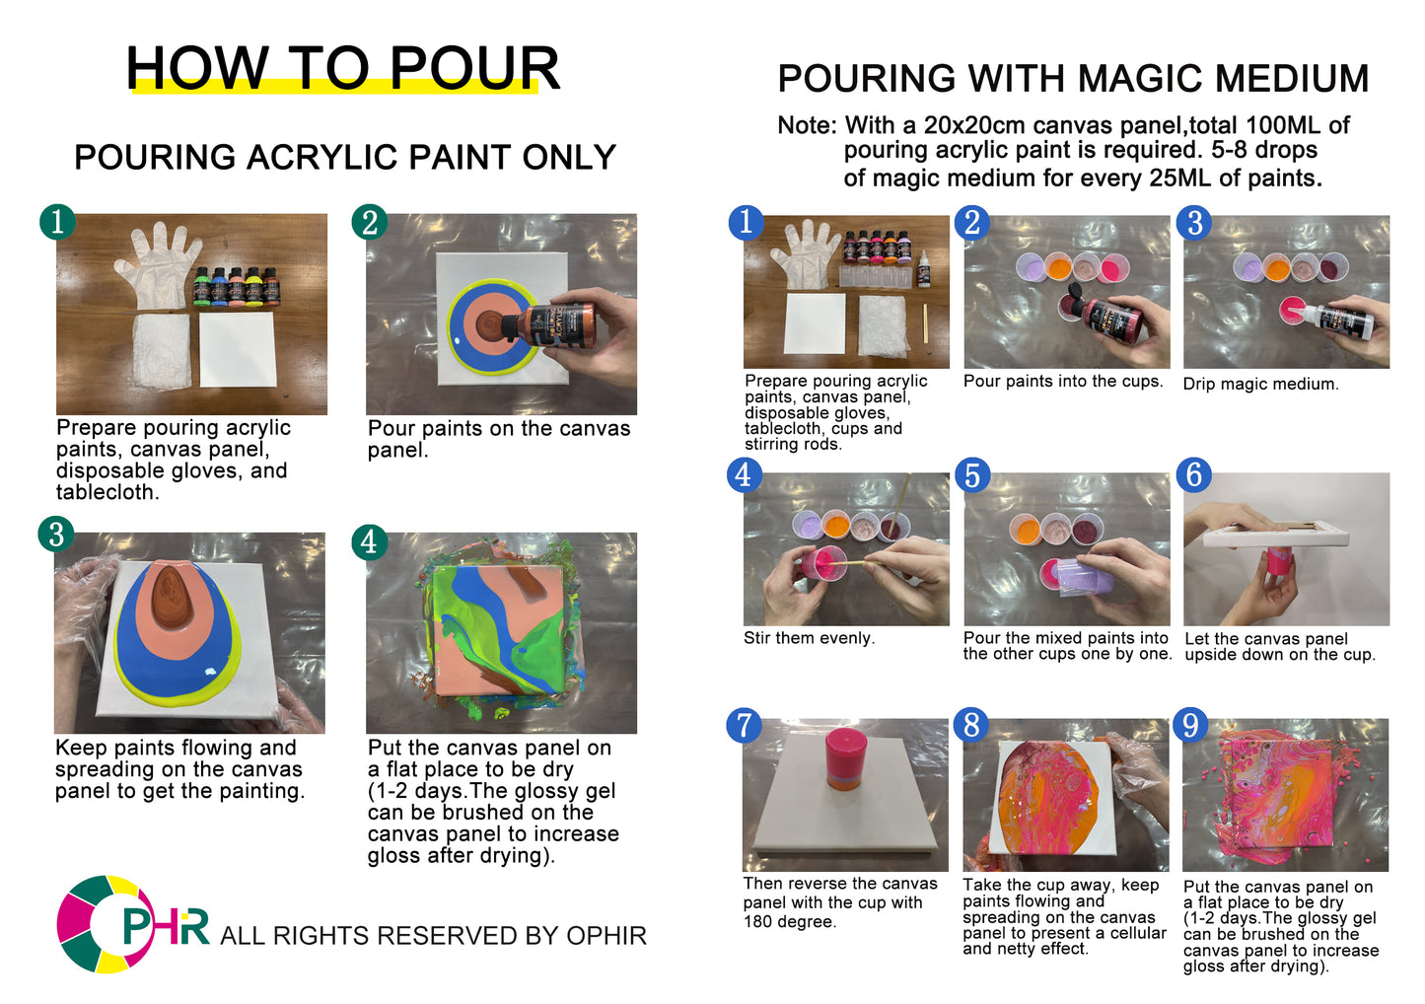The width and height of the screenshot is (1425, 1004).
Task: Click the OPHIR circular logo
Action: pos(107,924)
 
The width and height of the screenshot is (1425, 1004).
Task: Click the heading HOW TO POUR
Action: pos(342,68)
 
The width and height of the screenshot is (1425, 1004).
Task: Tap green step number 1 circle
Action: pos(57,221)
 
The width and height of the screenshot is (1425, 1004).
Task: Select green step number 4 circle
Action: pos(369,541)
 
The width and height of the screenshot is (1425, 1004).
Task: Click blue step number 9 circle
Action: pos(1191,725)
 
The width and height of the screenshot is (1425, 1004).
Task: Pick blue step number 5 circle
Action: pos(972,474)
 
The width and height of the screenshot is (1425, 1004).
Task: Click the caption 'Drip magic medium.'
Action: pos(1260,384)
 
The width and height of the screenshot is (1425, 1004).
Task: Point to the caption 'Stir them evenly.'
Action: pos(809,638)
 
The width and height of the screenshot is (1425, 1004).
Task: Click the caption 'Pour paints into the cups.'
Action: pos(1063,381)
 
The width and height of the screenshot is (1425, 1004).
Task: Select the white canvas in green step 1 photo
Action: pos(238,349)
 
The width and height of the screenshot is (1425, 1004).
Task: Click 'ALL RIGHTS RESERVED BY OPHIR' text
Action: pos(433,935)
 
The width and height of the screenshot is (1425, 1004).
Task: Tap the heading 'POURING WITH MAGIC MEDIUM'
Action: pos(1073,78)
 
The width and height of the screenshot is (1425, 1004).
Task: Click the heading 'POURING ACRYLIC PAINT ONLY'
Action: pos(344,157)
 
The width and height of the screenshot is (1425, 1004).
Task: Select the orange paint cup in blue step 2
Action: pos(1057,266)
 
